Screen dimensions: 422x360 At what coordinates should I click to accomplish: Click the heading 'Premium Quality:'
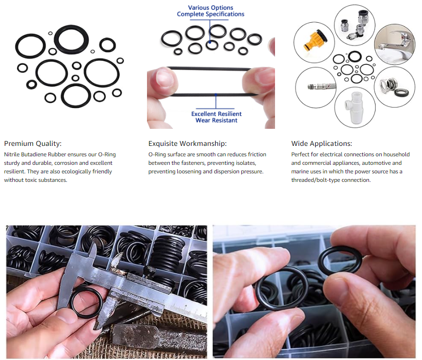point(33,144)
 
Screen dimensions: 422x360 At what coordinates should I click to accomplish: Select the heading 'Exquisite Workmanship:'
point(187,144)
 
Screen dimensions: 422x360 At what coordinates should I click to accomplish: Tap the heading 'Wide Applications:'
point(321,144)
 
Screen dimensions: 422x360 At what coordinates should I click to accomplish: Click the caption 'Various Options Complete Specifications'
point(211,11)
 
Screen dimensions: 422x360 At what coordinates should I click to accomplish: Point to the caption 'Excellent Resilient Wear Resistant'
point(216,117)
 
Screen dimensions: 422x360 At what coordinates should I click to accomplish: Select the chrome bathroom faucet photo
point(395,45)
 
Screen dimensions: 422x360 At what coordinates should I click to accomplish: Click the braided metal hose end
point(322,87)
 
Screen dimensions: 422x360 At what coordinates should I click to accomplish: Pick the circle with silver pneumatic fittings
point(355,25)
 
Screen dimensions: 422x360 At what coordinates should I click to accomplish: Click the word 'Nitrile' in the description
point(11,154)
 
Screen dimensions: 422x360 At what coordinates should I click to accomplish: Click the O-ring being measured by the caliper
point(86,302)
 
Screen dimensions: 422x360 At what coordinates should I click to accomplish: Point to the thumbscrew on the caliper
point(148,270)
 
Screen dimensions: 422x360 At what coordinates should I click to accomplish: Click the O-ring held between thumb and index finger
point(339,260)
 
